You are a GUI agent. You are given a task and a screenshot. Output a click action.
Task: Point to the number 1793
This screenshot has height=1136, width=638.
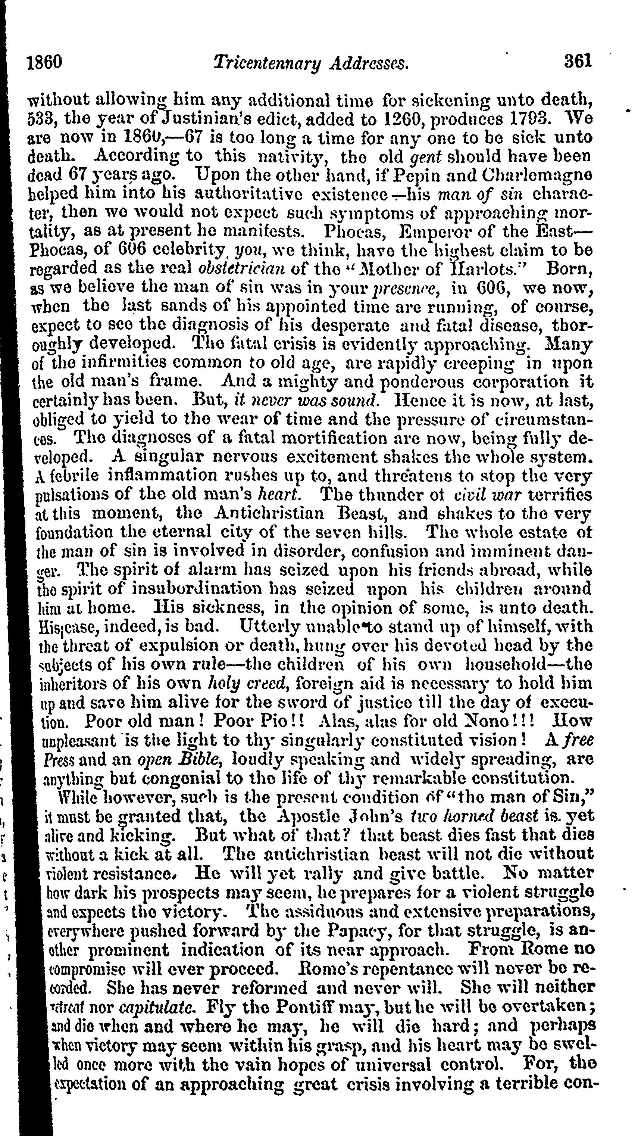(526, 119)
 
